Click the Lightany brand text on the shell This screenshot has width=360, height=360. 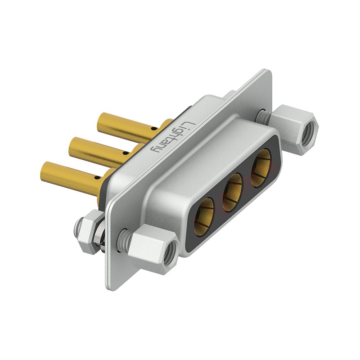point(173,136)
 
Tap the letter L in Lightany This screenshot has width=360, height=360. point(190,125)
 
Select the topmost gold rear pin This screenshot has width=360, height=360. point(127,128)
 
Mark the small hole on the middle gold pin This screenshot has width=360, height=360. point(125,153)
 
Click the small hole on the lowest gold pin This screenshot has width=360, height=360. point(98,177)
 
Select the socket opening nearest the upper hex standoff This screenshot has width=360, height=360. point(261,165)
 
